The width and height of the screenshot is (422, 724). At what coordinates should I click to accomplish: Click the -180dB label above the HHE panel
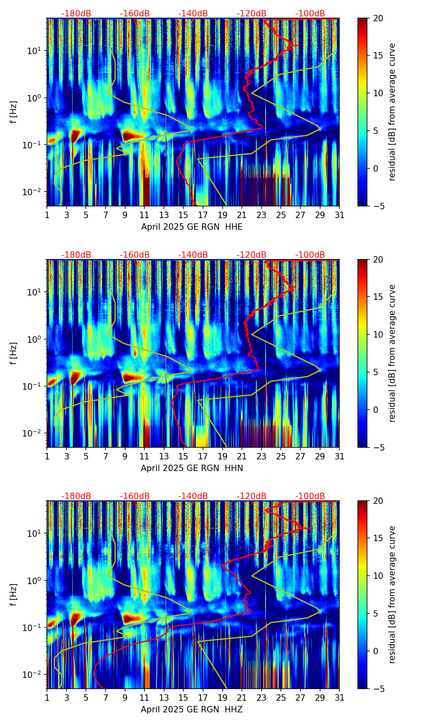[x=76, y=14]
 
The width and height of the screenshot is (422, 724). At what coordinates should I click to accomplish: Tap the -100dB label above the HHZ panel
[x=310, y=496]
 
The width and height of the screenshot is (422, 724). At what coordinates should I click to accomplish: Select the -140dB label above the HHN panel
[x=193, y=255]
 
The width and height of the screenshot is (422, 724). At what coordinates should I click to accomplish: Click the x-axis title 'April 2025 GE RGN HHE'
[x=192, y=227]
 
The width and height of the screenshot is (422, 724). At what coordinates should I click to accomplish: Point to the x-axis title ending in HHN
[x=192, y=468]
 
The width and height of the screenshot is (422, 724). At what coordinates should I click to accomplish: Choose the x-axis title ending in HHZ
[x=192, y=710]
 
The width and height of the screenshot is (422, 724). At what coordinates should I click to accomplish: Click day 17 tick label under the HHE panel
[x=203, y=215]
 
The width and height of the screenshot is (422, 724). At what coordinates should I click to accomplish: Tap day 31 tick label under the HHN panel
[x=339, y=457]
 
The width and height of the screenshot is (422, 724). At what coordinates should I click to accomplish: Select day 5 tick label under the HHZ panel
[x=86, y=698]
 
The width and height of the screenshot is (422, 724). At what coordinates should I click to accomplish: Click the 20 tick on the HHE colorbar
[x=378, y=18]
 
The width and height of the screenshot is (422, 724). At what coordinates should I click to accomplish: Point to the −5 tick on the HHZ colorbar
[x=378, y=689]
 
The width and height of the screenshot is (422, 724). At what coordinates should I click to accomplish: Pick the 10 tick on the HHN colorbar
[x=378, y=334]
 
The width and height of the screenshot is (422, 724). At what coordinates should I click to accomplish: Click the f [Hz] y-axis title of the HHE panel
[x=14, y=112]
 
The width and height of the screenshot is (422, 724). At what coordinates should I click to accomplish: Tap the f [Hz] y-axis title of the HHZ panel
[x=14, y=595]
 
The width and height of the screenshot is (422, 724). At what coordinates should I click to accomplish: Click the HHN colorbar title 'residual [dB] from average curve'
[x=392, y=353]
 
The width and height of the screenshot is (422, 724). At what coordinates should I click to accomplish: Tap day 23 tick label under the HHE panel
[x=261, y=215]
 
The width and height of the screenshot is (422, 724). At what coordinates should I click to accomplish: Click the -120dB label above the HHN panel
[x=252, y=255]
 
